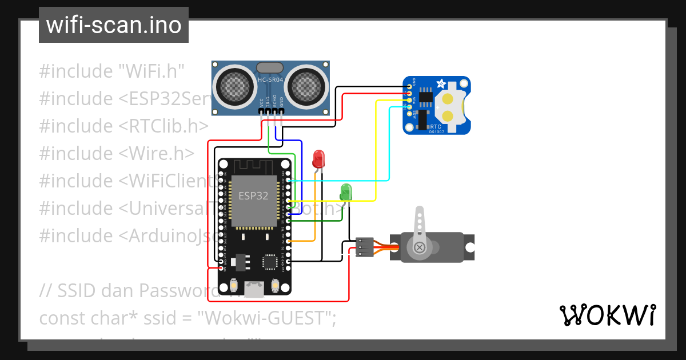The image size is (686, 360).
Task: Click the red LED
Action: coord(318,158)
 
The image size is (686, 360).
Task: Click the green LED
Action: coord(346,191)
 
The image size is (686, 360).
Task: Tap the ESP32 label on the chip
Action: coord(253,196)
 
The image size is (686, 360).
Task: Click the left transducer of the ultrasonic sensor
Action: coord(234,85)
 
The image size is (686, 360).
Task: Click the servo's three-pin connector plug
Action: coord(364,247)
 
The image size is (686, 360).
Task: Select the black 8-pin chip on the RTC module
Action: coord(425,97)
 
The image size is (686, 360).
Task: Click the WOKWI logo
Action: coord(607,315)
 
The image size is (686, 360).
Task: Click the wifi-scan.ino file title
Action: coord(113,25)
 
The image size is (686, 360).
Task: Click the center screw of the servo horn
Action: coord(420,247)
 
